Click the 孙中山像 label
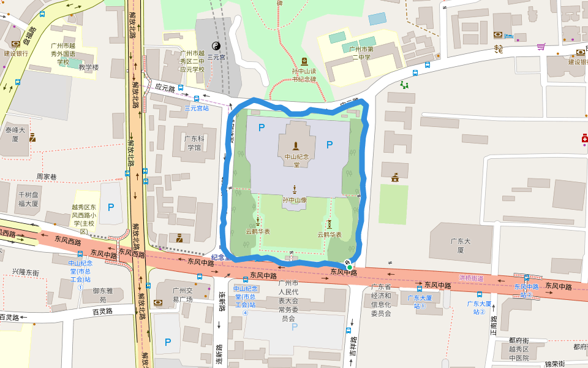pyautogui.click(x=295, y=200)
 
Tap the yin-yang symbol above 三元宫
pyautogui.click(x=216, y=45)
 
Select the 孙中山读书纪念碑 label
pyautogui.click(x=304, y=75)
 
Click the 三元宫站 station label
pyautogui.click(x=197, y=108)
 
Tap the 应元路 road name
pyautogui.click(x=165, y=88)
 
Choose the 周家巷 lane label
pyautogui.click(x=47, y=177)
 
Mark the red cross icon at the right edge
pyautogui.click(x=584, y=140)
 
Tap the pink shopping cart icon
pyautogui.click(x=541, y=46)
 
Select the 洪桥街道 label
pyautogui.click(x=471, y=278)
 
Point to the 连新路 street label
pyautogui.click(x=222, y=301)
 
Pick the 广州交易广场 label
pyautogui.click(x=182, y=295)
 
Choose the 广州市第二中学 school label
pyautogui.click(x=361, y=53)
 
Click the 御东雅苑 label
pyautogui.click(x=99, y=296)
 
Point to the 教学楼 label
pyautogui.click(x=88, y=67)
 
